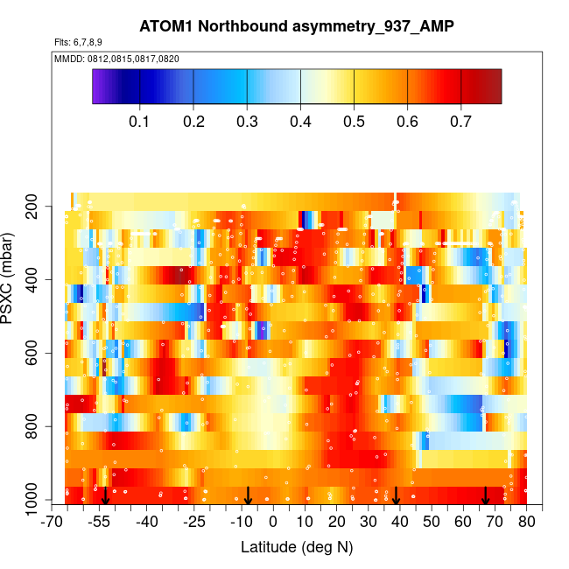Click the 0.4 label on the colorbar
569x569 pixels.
(300, 121)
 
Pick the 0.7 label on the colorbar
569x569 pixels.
(461, 121)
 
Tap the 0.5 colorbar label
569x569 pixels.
(354, 121)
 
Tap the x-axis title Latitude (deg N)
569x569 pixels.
(297, 547)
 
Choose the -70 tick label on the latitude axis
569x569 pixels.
(53, 523)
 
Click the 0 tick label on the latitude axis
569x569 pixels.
(273, 523)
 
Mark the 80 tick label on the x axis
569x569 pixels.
(526, 523)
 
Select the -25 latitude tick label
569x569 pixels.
(194, 523)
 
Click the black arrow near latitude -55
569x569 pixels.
(105, 496)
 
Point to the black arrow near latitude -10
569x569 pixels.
(248, 496)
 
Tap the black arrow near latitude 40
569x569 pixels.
(396, 496)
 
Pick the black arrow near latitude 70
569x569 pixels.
(486, 496)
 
